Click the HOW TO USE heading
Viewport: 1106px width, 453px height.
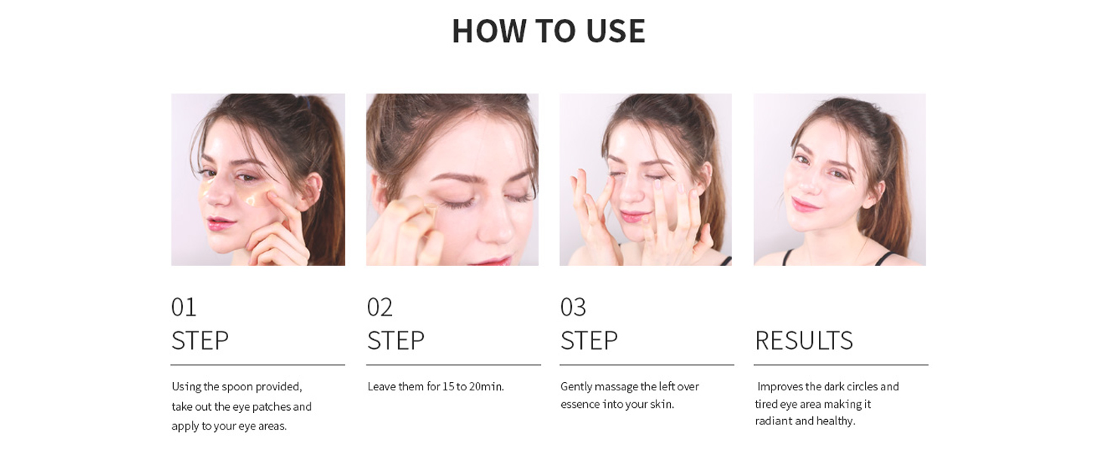click(x=548, y=31)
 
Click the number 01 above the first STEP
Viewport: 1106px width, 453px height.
click(x=184, y=307)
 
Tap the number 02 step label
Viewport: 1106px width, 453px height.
click(x=380, y=307)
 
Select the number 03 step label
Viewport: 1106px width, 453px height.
click(x=573, y=307)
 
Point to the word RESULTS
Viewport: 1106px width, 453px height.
click(x=804, y=341)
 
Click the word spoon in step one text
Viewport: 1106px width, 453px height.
click(x=237, y=387)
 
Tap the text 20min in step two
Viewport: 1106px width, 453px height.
click(x=487, y=387)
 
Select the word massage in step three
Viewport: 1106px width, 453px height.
click(x=616, y=387)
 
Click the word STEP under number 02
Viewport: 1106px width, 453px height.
click(x=396, y=341)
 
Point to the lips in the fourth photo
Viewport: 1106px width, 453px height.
click(x=805, y=205)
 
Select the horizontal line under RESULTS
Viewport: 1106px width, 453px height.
click(x=841, y=365)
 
